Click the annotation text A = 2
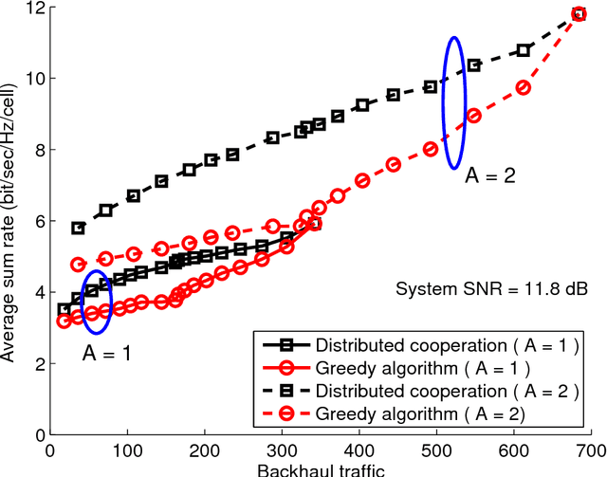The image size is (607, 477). coord(490,176)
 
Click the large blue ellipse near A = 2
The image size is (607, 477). coord(454,102)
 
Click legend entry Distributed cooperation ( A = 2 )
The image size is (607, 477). coord(445,391)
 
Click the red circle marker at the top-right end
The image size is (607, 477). coord(579,14)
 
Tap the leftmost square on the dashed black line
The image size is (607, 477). coord(79,229)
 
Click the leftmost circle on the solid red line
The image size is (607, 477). coord(64,321)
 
